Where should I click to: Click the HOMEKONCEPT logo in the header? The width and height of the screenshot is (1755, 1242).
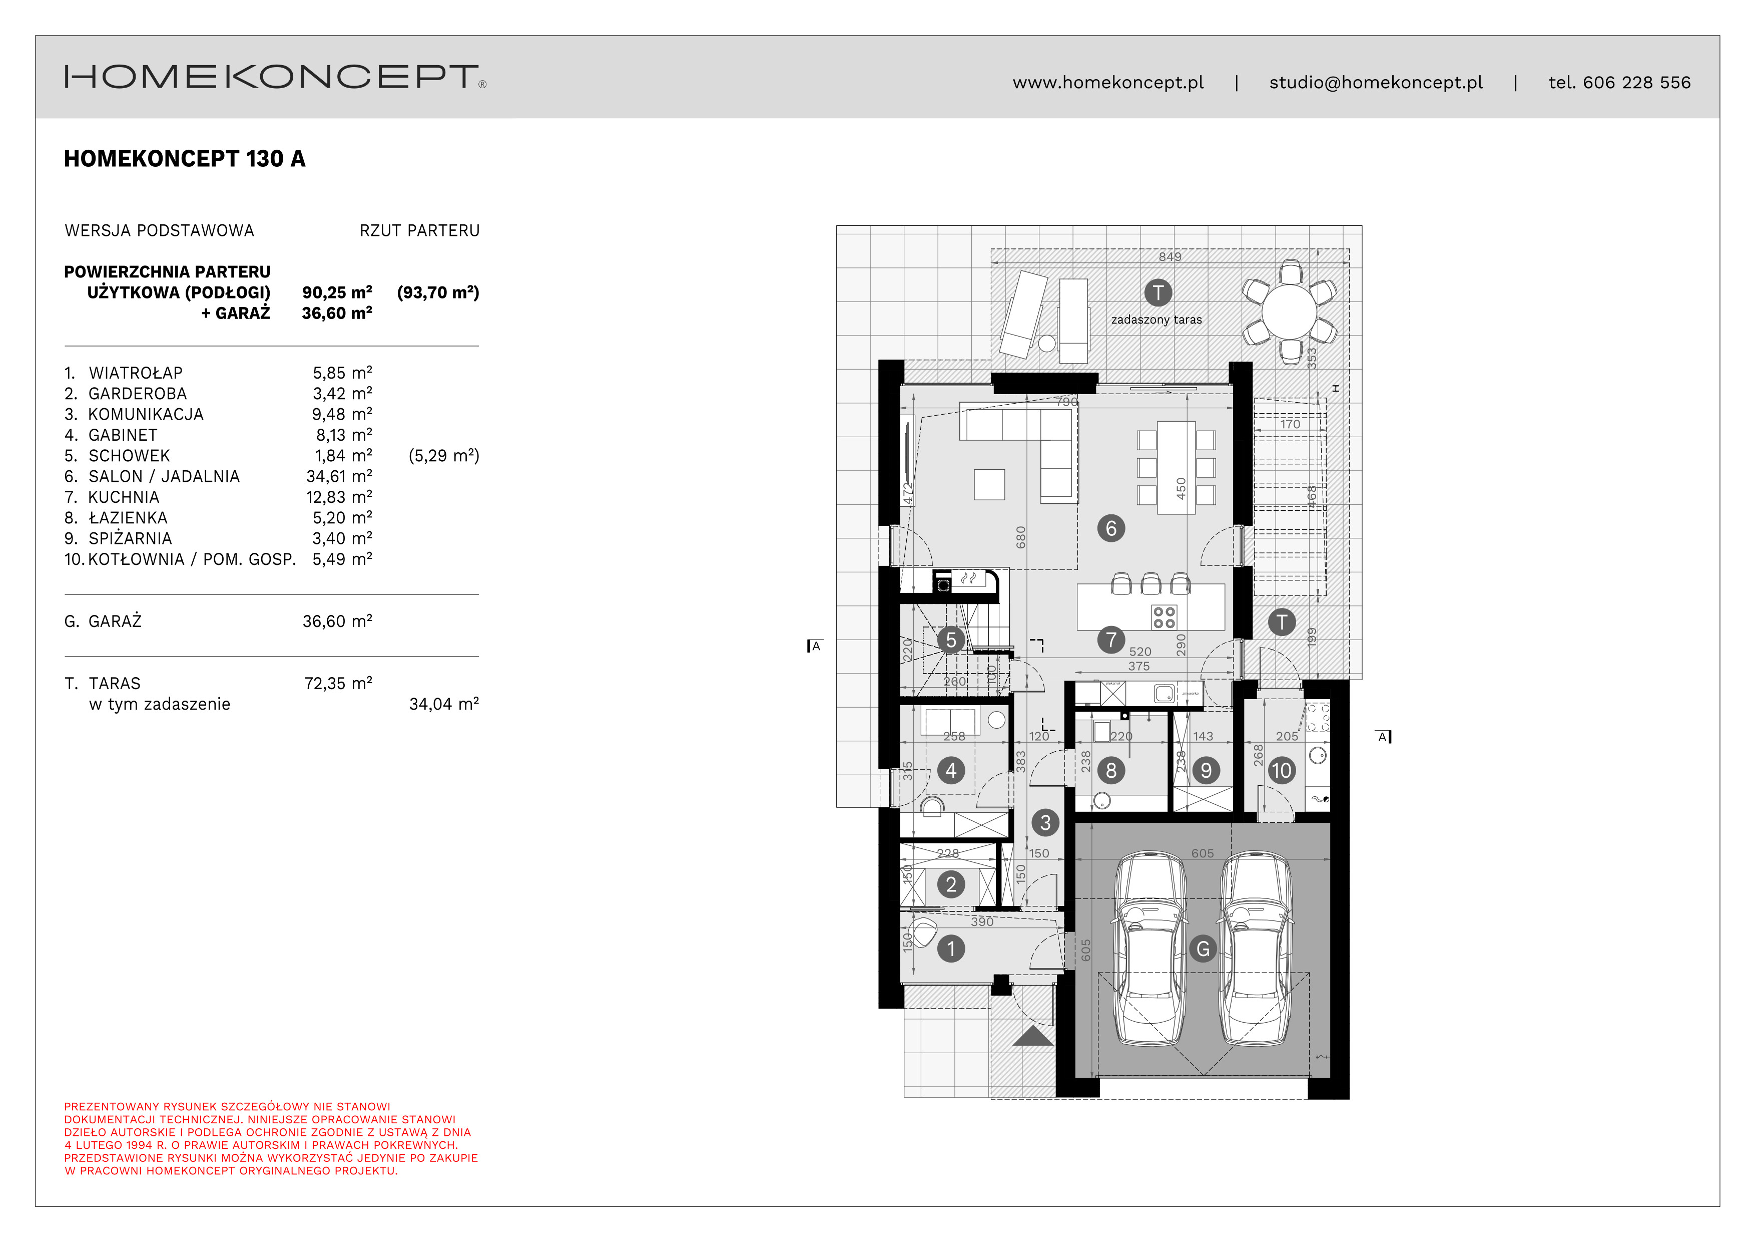point(274,77)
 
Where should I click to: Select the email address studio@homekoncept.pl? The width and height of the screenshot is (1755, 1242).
point(1375,83)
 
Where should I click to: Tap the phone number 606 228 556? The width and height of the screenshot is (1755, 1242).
point(1636,83)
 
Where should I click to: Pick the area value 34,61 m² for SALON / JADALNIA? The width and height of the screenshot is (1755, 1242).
point(339,476)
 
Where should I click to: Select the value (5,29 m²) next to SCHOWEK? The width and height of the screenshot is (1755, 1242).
point(443,456)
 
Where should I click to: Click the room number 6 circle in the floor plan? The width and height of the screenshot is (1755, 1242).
point(1110,528)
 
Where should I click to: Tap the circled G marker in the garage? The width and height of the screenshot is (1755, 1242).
point(1203,949)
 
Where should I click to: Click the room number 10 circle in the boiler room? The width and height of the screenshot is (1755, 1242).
point(1281,770)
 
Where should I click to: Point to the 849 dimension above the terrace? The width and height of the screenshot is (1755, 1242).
point(1169,257)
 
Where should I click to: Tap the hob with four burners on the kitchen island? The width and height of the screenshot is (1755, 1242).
point(1164,617)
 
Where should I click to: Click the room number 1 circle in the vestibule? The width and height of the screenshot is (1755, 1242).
point(951,949)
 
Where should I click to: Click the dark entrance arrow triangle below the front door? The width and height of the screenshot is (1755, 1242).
point(1033,1036)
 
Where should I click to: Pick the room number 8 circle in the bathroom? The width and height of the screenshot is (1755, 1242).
point(1110,770)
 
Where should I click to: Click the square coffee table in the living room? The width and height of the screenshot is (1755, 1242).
point(989,484)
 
